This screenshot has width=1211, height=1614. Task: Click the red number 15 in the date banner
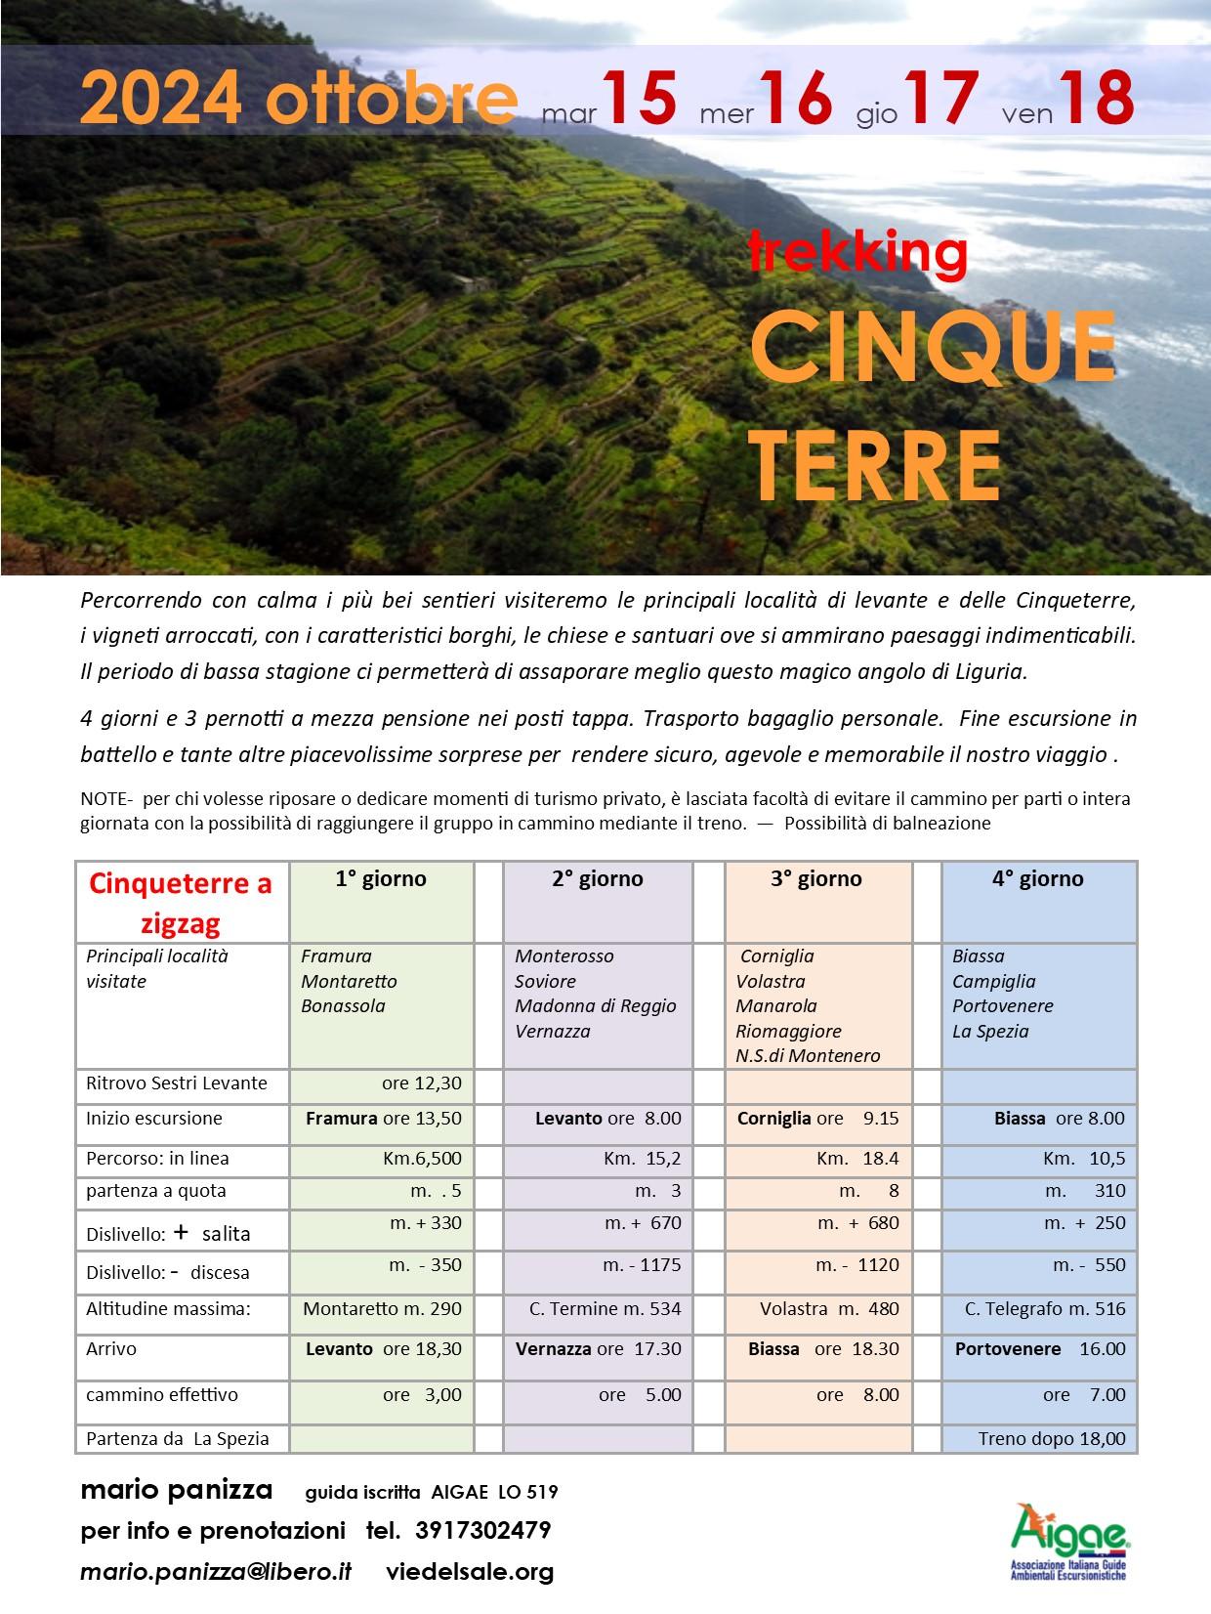[x=639, y=99]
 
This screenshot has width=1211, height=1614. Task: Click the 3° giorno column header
[x=815, y=879]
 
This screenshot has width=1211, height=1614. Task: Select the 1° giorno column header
[x=381, y=879]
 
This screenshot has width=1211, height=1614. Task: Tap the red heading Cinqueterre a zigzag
[x=181, y=903]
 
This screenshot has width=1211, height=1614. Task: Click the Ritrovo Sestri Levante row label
[x=176, y=1083]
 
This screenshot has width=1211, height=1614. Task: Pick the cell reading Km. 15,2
[x=643, y=1159]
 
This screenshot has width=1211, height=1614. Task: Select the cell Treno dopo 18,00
[x=1052, y=1438]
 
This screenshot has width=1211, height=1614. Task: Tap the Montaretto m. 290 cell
[x=382, y=1309]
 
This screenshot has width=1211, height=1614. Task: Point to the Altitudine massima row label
[x=168, y=1309]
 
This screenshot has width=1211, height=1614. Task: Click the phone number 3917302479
[x=482, y=1530]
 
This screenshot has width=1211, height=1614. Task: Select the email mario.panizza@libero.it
[x=216, y=1572]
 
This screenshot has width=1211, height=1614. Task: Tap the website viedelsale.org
[x=470, y=1572]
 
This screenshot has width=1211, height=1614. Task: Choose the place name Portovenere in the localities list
[x=1003, y=1006]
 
